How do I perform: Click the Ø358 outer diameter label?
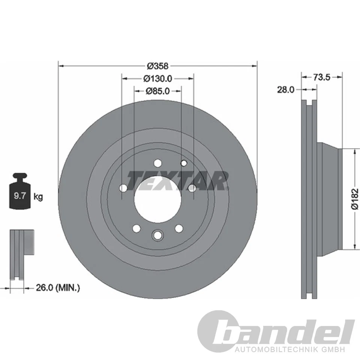click(157, 66)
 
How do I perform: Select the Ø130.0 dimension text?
click(157, 78)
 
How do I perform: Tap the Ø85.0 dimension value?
click(158, 90)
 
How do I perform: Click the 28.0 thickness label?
click(285, 90)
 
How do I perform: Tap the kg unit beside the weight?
click(38, 196)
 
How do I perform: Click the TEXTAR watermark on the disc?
click(178, 180)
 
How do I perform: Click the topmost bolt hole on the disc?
click(157, 163)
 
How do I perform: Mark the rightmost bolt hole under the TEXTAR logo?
click(192, 188)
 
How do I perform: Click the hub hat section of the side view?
click(328, 198)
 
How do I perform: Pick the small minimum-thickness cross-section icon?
click(22, 253)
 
